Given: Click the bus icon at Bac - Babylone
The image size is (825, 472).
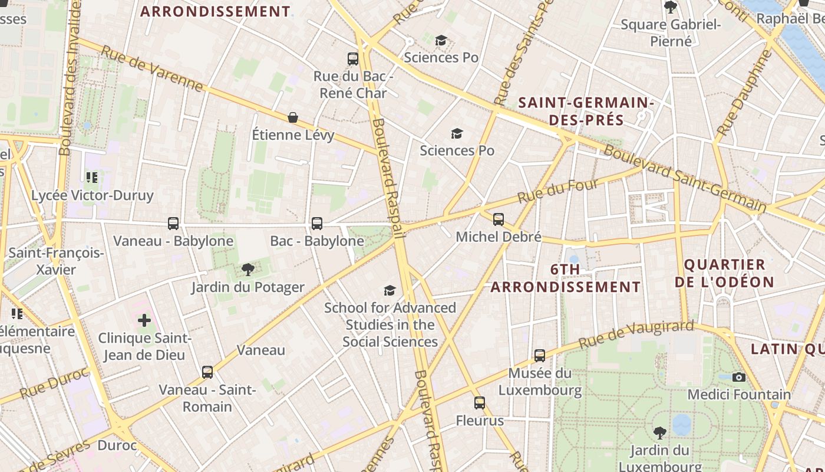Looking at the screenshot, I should tap(316, 224).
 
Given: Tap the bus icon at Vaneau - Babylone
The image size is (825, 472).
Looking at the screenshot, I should tap(173, 224).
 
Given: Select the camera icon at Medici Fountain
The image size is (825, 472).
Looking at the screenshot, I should tap(738, 377).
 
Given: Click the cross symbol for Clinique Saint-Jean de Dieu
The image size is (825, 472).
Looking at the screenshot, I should tap(144, 321).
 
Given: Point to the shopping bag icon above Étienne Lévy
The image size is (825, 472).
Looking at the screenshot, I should tap(292, 117).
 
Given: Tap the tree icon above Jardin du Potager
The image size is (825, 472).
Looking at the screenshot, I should tap(247, 270).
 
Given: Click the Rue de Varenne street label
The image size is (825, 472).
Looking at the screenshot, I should tap(152, 68).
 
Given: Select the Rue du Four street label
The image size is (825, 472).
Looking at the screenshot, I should tap(558, 191).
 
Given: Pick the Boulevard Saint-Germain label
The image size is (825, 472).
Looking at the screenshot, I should tap(685, 179).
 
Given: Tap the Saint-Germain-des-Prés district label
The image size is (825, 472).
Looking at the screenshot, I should tap(586, 111).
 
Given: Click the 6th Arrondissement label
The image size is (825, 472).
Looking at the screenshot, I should tap(565, 278).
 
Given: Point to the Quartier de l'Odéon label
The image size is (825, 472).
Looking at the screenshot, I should tap(724, 273).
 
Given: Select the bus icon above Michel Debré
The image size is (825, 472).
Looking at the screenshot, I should tap(499, 219).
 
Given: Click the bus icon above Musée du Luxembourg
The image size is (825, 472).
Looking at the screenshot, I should tap(540, 356).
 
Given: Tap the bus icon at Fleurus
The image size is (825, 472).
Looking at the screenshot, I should tap(480, 403).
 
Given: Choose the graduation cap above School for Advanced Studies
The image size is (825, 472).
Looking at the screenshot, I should tap(390, 290).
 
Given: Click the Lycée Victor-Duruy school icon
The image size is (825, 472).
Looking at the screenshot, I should tap(91, 177).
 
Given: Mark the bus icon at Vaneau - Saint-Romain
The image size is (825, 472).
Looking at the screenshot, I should tap(207, 372).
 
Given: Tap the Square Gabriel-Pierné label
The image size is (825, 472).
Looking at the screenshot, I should tap(671, 32).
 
